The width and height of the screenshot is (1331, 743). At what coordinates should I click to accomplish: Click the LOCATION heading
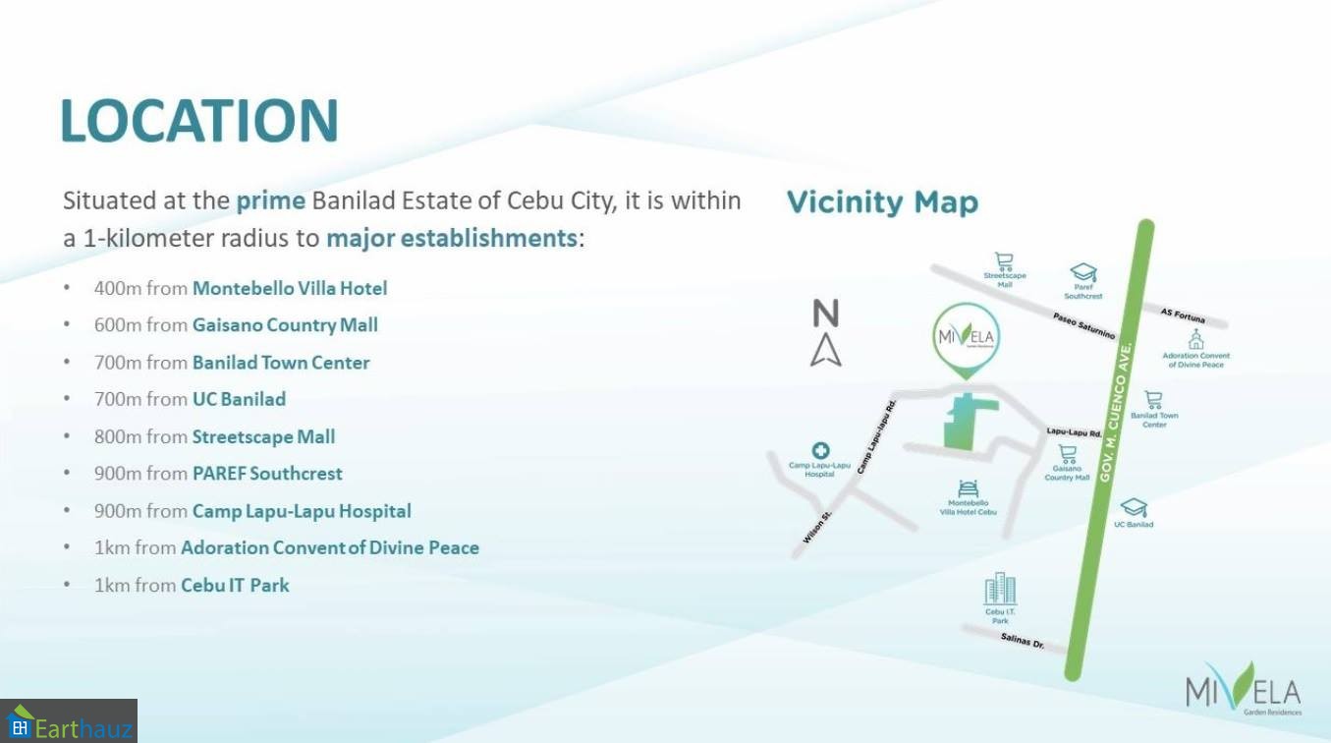(199, 121)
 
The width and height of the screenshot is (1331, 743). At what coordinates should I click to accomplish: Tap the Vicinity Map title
(882, 202)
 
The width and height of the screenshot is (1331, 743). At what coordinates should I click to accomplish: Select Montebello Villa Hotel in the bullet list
(290, 288)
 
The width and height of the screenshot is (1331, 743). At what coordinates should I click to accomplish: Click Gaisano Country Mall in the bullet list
(285, 325)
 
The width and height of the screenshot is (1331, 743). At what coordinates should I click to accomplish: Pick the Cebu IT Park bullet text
(236, 586)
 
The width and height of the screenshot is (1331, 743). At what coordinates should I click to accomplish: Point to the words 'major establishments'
(452, 239)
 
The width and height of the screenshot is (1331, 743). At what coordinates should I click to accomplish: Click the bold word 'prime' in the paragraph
(271, 201)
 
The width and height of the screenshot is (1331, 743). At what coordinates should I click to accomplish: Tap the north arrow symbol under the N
(826, 350)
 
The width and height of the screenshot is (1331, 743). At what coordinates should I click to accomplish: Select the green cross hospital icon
(820, 450)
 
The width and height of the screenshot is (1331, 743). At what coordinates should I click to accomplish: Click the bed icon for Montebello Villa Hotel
(968, 488)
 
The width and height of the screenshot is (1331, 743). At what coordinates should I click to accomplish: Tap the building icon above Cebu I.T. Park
(1000, 589)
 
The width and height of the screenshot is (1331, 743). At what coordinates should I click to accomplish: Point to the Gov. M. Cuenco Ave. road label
(1117, 413)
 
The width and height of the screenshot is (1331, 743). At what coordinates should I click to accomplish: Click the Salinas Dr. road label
(1023, 641)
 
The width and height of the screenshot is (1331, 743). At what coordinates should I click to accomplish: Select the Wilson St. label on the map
(817, 527)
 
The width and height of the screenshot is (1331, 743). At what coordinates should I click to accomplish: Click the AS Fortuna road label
(1183, 315)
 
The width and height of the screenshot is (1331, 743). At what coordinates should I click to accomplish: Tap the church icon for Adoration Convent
(1196, 339)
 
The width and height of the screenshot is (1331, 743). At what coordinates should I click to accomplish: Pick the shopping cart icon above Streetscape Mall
(1004, 261)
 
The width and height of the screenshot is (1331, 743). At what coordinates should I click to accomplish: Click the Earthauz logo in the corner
(69, 721)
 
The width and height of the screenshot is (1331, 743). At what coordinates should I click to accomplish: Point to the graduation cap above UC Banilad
(1134, 507)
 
